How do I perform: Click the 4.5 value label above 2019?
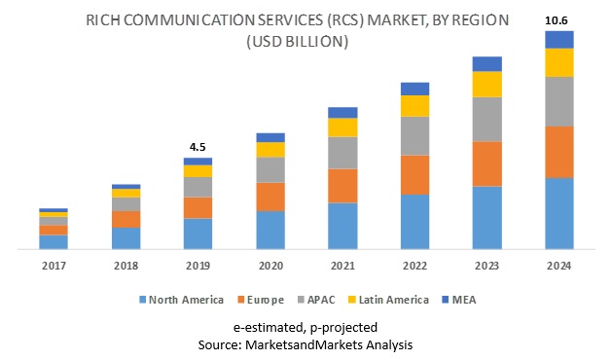coord(198,147)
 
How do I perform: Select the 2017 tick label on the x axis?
coord(54,265)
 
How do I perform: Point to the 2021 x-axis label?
coord(342,265)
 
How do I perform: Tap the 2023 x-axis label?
coord(486,265)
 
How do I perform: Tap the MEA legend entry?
coord(465,299)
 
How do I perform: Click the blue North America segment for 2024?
coord(558,213)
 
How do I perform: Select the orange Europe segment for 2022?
coord(414,174)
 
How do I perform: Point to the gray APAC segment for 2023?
coord(486,119)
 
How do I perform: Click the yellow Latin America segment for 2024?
coord(558,62)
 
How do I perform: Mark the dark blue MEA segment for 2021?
coord(342,112)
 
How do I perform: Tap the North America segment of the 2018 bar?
coord(126,238)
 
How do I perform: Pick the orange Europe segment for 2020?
coord(270,197)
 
